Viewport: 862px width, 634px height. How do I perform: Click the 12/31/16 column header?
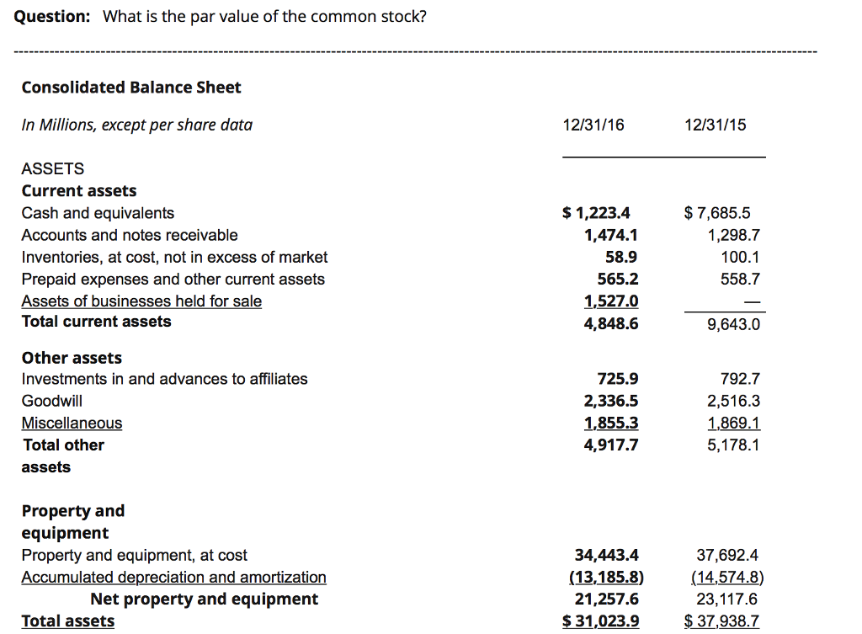point(593,125)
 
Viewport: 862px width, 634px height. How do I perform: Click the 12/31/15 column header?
point(716,125)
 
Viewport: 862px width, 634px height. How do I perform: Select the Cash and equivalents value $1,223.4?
point(596,213)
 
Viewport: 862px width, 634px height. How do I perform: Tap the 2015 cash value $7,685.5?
point(718,213)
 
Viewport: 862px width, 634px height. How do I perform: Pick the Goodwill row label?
point(52,401)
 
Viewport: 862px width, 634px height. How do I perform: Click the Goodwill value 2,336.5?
point(610,401)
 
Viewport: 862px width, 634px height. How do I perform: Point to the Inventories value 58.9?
point(621,257)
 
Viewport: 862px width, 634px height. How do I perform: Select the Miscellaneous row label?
point(72,423)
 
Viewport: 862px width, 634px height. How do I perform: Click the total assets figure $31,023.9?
point(600,621)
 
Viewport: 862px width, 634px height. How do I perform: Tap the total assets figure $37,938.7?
point(721,621)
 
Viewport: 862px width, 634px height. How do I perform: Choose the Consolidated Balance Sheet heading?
point(131,88)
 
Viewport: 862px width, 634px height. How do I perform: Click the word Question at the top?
point(53,17)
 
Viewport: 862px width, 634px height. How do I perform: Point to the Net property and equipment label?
point(204,599)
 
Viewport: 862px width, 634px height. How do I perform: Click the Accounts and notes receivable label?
point(130,235)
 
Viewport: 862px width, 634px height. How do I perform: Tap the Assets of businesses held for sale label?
point(141,301)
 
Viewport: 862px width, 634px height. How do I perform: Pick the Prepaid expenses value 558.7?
point(741,279)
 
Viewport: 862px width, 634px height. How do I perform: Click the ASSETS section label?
point(53,169)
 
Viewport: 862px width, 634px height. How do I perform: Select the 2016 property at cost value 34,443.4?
point(606,555)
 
